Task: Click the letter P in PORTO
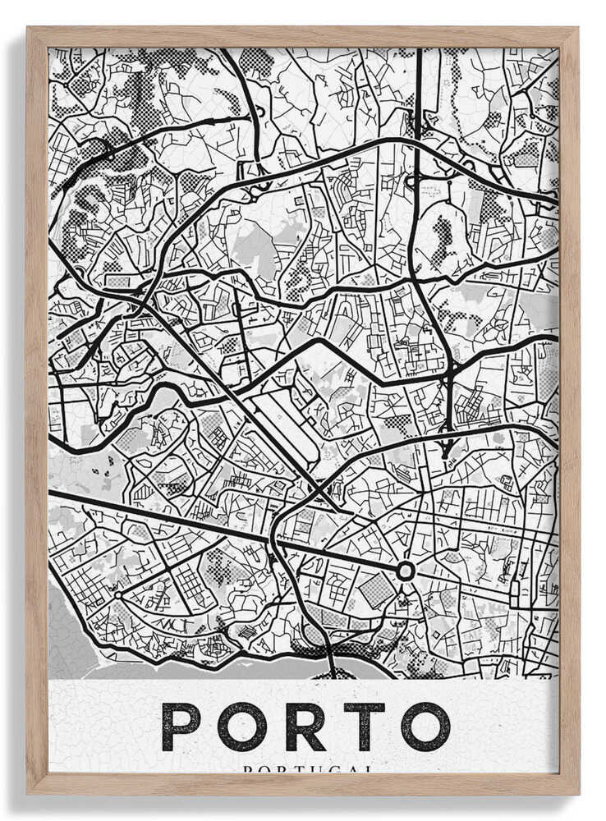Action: (180, 727)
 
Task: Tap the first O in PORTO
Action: (241, 727)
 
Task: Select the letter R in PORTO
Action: (305, 727)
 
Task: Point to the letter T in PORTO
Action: (365, 727)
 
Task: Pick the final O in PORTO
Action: (425, 727)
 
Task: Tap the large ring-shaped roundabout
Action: (405, 571)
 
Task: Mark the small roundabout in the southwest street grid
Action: (117, 594)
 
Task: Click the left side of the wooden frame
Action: (37, 410)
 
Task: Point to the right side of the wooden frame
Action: (568, 410)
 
